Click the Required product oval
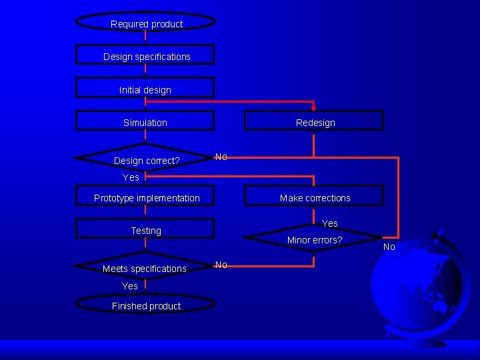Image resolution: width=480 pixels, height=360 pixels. pyautogui.click(x=146, y=22)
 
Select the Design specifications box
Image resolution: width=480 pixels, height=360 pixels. pyautogui.click(x=145, y=55)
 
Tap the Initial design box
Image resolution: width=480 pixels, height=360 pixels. pyautogui.click(x=145, y=89)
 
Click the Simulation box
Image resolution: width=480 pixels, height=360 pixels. pyautogui.click(x=145, y=121)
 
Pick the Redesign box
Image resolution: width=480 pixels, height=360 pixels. pyautogui.click(x=315, y=121)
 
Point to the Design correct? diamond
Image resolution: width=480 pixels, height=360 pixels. pyautogui.click(x=146, y=159)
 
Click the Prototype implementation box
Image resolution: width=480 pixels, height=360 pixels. pyautogui.click(x=146, y=197)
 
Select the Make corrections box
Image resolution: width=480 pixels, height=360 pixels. pyautogui.click(x=315, y=197)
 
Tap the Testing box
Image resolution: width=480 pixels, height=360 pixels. pyautogui.click(x=145, y=230)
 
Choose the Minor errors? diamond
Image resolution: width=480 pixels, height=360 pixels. pyautogui.click(x=314, y=239)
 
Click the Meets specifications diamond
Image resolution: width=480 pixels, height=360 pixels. pyautogui.click(x=145, y=267)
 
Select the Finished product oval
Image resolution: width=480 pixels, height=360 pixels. pyautogui.click(x=146, y=305)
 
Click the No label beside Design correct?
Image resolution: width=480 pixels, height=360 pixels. pyautogui.click(x=221, y=157)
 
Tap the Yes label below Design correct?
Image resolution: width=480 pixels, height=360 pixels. pyautogui.click(x=131, y=177)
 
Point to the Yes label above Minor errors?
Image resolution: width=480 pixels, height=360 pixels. pyautogui.click(x=330, y=223)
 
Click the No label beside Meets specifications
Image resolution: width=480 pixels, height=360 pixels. pyautogui.click(x=221, y=265)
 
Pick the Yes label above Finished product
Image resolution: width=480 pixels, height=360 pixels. pyautogui.click(x=130, y=286)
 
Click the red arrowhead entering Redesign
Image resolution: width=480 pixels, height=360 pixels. pyautogui.click(x=314, y=107)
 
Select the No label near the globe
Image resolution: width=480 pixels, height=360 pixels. pyautogui.click(x=389, y=247)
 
